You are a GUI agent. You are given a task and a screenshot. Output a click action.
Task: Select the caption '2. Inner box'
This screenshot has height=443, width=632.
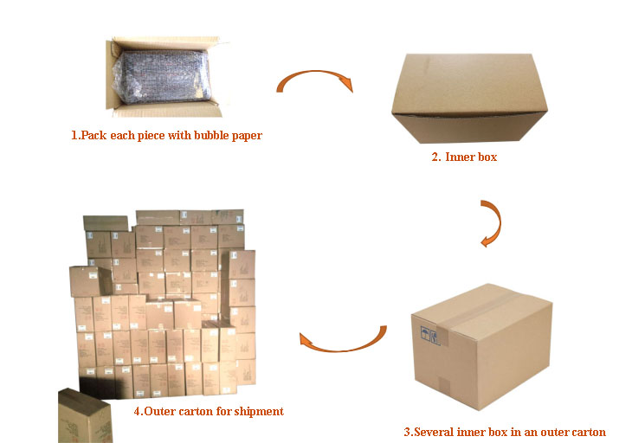464,157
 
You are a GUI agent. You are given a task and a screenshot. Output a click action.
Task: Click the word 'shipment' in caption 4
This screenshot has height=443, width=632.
258,411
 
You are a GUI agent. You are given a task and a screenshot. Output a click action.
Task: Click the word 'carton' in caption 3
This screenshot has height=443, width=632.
586,432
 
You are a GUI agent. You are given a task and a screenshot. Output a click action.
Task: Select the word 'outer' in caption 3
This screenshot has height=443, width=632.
549,432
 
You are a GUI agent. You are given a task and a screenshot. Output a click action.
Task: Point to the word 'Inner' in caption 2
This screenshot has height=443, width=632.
460,157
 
